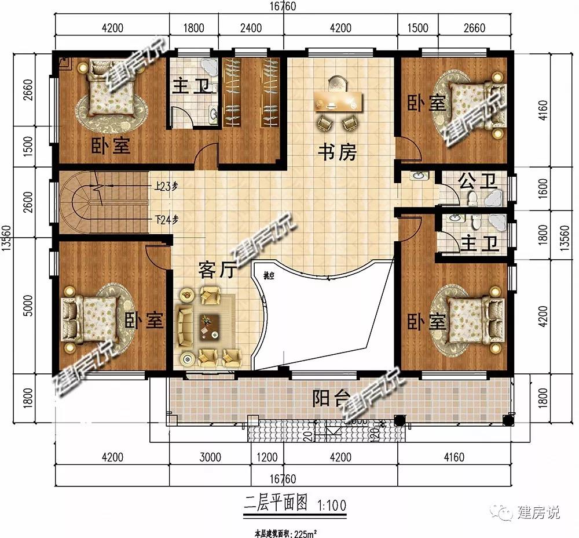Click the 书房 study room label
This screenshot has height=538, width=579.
[337, 152]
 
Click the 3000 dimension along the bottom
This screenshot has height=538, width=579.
[210, 457]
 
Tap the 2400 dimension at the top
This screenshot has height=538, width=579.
[250, 28]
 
